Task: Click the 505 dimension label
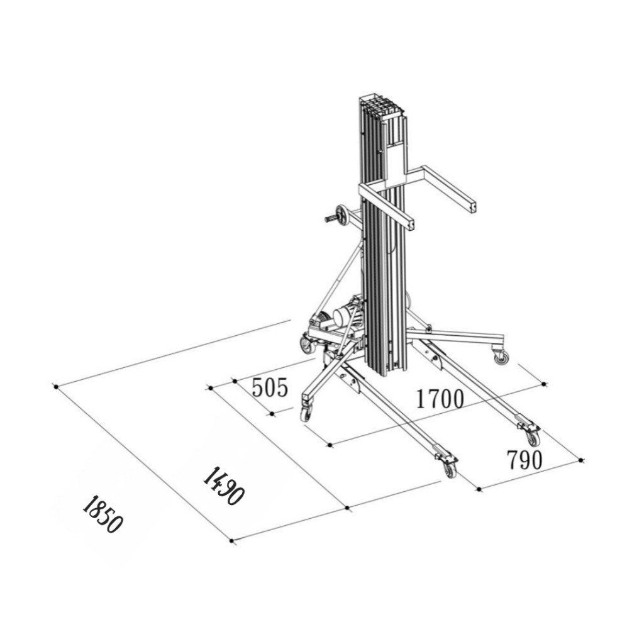270,387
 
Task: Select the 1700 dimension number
440,398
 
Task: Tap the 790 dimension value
525,460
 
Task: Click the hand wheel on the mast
341,215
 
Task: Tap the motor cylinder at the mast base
348,316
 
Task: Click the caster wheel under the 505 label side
306,414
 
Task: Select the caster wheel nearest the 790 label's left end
450,470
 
